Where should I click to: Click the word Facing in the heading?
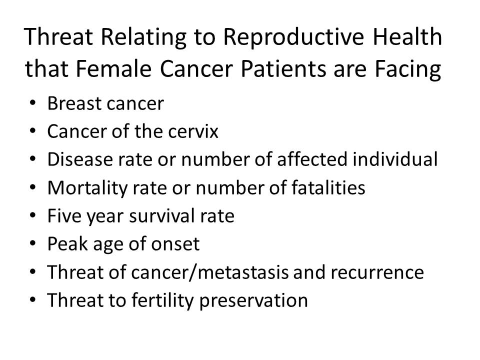click(408, 70)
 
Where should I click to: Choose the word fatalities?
click(328, 187)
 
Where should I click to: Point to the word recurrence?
click(377, 272)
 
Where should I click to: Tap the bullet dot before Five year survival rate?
click(33, 215)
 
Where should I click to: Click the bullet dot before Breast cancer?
click(33, 103)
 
